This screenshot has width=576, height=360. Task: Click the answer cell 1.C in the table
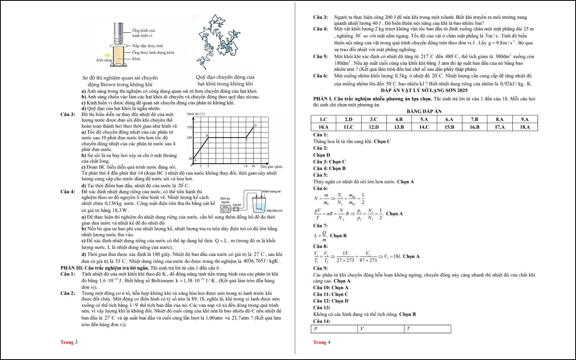coord(323,119)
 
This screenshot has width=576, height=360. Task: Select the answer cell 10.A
coord(323,127)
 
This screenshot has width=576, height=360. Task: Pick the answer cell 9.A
coord(524,119)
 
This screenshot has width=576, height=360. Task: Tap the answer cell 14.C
coord(424,127)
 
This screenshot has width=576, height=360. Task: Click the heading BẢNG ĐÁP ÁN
coord(424,111)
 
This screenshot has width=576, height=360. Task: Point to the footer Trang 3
coord(69,342)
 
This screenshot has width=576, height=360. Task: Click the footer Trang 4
coord(322,342)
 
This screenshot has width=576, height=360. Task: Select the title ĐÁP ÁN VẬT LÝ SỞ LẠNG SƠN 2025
coord(424,90)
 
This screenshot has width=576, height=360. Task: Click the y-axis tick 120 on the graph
coord(190,127)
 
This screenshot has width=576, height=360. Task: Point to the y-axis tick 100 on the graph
coord(190,138)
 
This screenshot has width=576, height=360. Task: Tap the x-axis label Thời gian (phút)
coord(271,166)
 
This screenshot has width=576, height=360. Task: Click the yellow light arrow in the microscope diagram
coord(107,56)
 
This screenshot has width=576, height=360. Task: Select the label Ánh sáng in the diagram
coord(104,60)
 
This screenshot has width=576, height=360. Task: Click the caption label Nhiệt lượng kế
coord(271,192)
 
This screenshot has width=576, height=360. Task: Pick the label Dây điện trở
coord(274,210)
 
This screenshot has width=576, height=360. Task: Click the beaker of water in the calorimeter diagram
coord(259,206)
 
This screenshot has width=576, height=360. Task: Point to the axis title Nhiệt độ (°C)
coord(196,114)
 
